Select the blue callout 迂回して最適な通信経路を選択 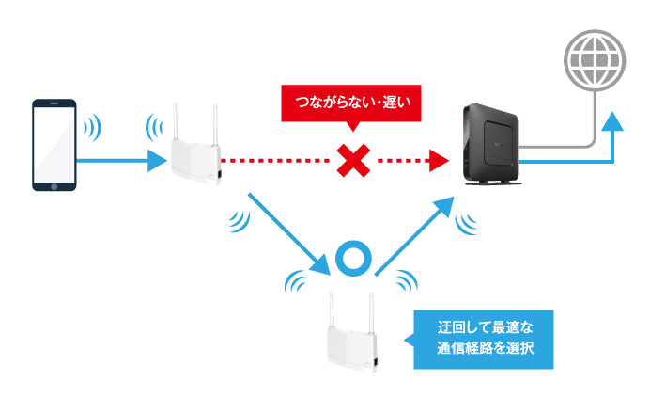click(486, 342)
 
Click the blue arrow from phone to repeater click(122, 162)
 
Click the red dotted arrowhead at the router click(435, 162)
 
